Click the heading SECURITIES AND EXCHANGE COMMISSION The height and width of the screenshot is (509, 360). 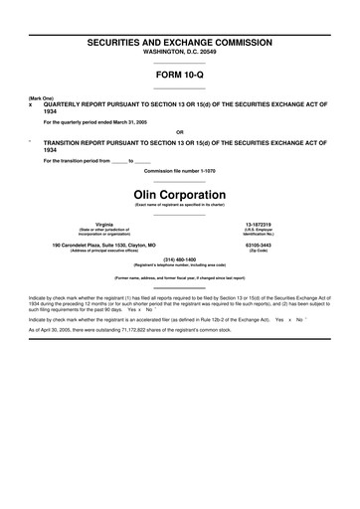tap(180, 45)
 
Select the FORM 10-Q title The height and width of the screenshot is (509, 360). tap(180, 74)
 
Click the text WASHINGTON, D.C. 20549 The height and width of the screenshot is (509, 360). tap(180, 55)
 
